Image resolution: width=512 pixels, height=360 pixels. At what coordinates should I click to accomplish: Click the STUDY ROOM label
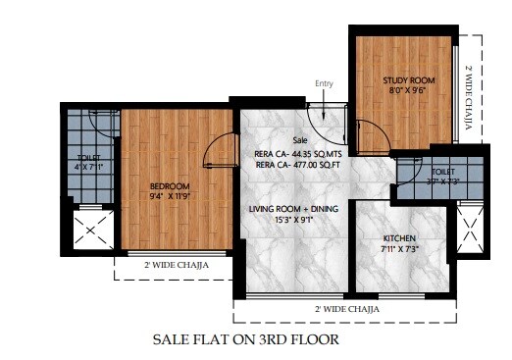tap(408, 80)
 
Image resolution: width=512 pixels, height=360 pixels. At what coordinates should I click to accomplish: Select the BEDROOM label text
tap(169, 185)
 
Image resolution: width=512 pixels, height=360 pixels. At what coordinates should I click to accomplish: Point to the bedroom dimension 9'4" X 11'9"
tap(169, 196)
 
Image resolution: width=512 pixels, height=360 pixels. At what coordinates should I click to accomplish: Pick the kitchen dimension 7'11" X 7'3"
tap(402, 249)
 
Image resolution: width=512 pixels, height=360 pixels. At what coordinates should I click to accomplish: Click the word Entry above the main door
tap(324, 83)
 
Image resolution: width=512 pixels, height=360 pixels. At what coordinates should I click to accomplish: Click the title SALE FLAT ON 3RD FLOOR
tap(245, 339)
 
